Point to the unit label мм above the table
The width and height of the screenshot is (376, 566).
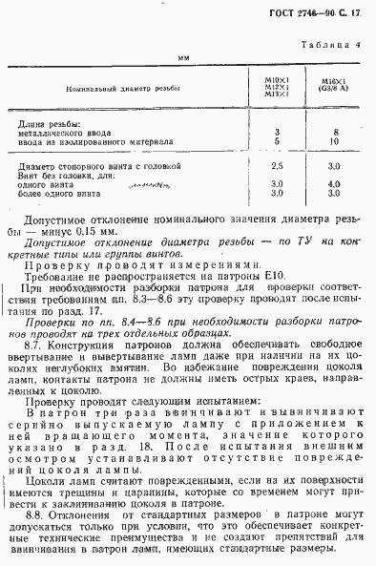point(185,59)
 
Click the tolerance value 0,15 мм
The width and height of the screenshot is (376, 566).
point(94,231)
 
